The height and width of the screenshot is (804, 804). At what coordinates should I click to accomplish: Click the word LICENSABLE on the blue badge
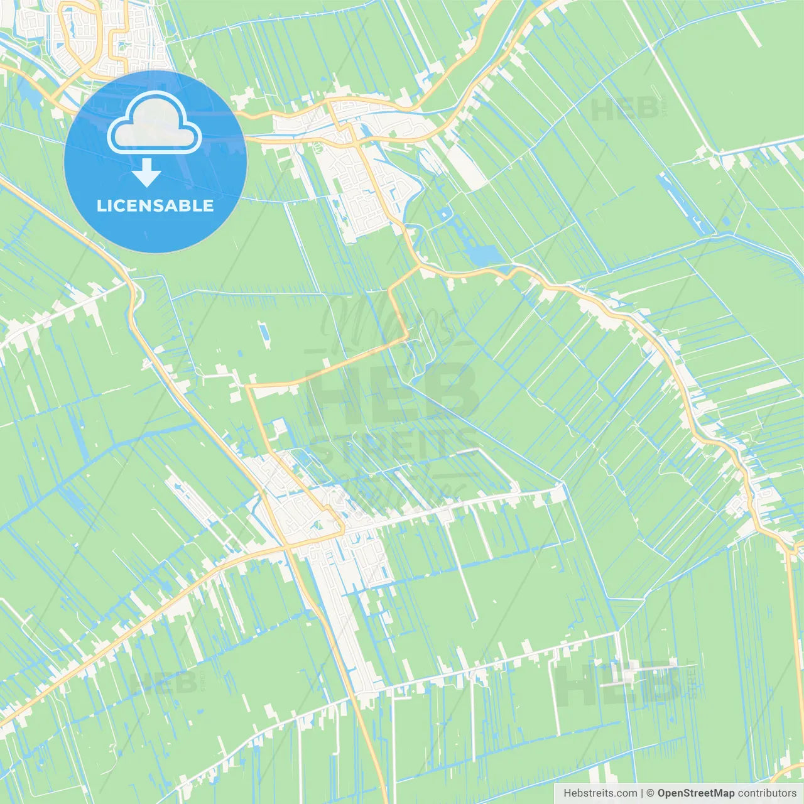155,205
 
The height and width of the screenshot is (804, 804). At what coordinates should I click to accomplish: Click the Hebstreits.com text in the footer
600,793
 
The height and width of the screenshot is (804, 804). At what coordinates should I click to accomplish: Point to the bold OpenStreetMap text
696,793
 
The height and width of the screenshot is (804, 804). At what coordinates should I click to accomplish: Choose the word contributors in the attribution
767,793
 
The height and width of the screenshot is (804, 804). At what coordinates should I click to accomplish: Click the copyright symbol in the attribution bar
651,793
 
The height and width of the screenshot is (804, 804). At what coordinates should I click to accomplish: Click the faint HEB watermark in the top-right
625,109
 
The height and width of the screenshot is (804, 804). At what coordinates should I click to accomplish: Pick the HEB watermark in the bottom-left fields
163,683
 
